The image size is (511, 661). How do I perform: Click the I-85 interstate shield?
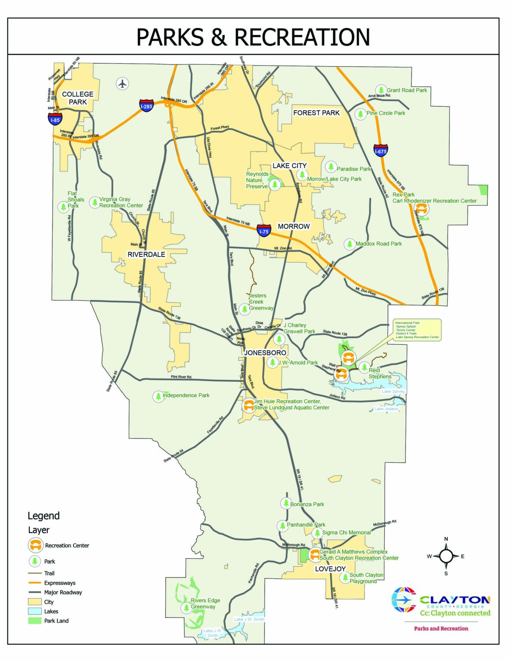tap(55, 119)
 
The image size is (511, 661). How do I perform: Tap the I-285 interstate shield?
tap(146, 105)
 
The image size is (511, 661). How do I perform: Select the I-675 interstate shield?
tap(381, 150)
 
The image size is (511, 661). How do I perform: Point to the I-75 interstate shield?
tap(264, 230)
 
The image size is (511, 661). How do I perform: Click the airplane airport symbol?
tap(123, 83)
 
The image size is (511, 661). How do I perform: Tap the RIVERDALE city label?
tap(146, 254)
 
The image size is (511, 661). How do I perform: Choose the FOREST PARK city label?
tap(316, 113)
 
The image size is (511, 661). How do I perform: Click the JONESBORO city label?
tap(265, 353)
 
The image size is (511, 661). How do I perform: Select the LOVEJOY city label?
tap(330, 569)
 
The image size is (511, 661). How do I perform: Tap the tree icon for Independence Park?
tap(158, 396)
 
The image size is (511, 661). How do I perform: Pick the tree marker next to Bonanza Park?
tap(285, 503)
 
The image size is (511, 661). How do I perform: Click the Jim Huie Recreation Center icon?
tap(248, 405)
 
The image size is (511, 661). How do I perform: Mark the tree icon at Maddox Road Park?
tap(349, 244)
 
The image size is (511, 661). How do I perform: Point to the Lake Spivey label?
tap(393, 391)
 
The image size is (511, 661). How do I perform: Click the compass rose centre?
tap(446, 556)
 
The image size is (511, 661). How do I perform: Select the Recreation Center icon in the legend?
tap(35, 545)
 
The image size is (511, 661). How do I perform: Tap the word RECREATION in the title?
tap(302, 37)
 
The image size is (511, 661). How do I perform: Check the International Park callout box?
tap(417, 330)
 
